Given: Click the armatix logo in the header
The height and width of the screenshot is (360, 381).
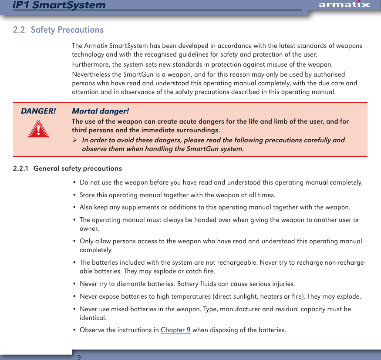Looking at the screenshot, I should [x=344, y=5].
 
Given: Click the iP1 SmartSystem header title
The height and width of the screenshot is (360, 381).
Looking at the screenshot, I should [x=59, y=5].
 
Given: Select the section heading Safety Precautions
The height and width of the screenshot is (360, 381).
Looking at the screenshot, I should [x=67, y=30].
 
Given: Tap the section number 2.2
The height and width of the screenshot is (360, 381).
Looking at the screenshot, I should [x=19, y=30].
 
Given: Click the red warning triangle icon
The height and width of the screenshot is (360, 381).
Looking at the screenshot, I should [x=38, y=129].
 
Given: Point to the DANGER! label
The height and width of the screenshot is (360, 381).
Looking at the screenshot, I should [x=38, y=111].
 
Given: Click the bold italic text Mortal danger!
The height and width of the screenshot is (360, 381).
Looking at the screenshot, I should [x=100, y=111].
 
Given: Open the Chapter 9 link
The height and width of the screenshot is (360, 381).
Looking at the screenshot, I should [x=175, y=330].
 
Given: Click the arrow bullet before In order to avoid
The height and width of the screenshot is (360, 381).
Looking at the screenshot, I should [x=75, y=140].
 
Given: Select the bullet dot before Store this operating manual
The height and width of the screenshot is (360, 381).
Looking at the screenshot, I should [x=75, y=195].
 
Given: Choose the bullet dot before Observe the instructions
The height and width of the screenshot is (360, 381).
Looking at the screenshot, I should [x=75, y=330].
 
